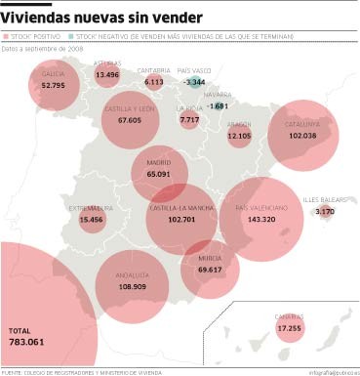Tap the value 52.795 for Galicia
(x=54, y=85)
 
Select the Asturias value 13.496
(x=107, y=74)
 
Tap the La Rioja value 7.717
(x=189, y=119)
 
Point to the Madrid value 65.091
(x=159, y=173)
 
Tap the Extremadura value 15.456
(x=92, y=220)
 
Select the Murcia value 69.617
(x=210, y=269)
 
